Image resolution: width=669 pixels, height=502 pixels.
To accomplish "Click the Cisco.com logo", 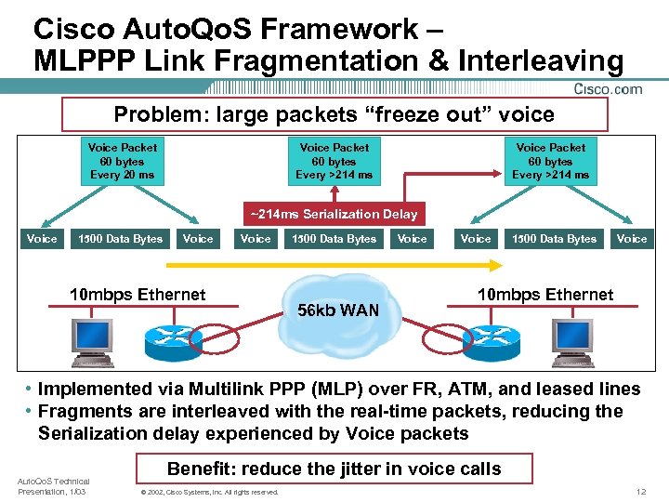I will click(608, 89).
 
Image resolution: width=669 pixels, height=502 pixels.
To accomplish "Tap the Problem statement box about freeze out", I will click(334, 115).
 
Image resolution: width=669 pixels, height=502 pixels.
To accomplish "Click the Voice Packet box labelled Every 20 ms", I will click(122, 161).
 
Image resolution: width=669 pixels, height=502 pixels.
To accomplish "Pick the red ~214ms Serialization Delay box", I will click(334, 214).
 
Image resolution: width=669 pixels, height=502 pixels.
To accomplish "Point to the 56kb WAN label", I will click(337, 310).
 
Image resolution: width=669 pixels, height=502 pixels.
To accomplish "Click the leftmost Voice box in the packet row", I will click(42, 239).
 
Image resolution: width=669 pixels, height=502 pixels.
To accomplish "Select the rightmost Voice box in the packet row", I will click(632, 239).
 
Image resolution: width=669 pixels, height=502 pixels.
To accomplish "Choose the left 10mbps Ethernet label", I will click(138, 295).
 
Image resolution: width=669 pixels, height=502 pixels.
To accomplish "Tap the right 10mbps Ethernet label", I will click(545, 295).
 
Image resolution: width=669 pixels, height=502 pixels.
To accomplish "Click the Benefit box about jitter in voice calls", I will click(334, 469).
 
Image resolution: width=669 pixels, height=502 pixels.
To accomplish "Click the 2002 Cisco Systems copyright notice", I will click(207, 492).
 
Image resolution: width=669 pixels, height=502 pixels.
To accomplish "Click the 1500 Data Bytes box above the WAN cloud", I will click(334, 239).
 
